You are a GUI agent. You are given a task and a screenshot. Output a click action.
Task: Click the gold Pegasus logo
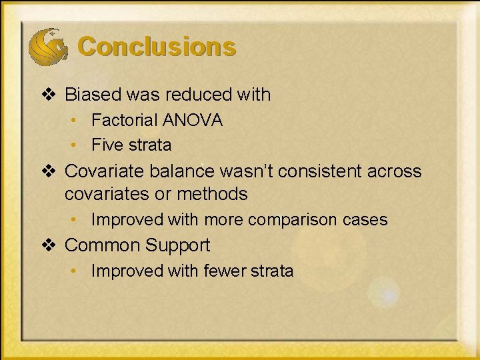[47, 45]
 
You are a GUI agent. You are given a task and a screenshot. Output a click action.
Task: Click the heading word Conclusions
[157, 47]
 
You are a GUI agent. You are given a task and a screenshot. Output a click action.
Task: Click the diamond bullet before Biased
[48, 95]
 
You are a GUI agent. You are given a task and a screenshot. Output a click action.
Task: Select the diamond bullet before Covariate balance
[48, 171]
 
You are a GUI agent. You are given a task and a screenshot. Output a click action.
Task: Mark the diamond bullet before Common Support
[48, 245]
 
